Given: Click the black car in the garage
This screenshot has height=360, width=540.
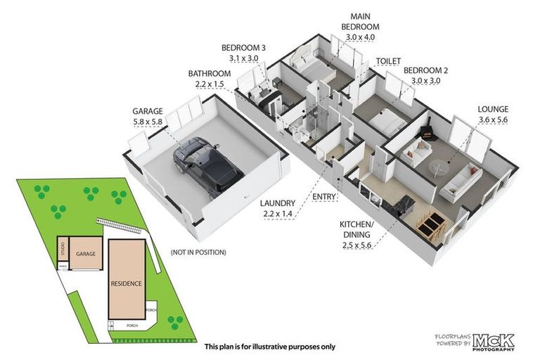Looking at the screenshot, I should [205, 165].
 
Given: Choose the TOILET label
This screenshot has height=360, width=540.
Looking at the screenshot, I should [388, 62].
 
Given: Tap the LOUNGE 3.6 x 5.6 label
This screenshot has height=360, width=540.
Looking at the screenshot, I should [493, 115].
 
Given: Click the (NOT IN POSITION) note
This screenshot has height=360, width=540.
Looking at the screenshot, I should [198, 252].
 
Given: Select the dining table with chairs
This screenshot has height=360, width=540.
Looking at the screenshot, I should [430, 224].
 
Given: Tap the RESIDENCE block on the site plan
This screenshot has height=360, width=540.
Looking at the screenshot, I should [127, 283].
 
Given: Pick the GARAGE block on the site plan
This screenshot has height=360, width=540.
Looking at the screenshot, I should [86, 254].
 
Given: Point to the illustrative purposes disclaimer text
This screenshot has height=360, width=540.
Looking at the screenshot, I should [269, 347].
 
